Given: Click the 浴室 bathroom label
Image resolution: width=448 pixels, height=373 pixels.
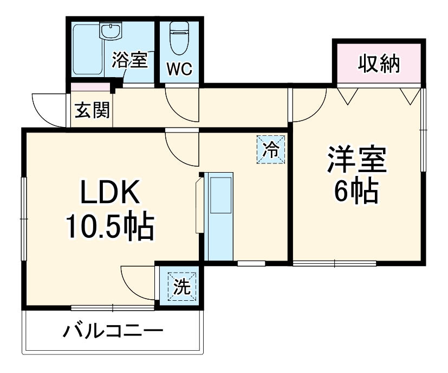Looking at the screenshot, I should coord(129,60).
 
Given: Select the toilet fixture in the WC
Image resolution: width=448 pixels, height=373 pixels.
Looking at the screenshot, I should coord(178,37).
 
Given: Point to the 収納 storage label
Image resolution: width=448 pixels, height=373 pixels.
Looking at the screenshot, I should coord(379,64).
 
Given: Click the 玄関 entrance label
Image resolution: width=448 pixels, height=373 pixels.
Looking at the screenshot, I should coord(92,110).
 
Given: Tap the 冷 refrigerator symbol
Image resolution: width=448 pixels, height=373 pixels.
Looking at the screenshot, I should coord(270,149).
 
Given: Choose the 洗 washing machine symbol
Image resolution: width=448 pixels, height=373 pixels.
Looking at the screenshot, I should coord(181,286).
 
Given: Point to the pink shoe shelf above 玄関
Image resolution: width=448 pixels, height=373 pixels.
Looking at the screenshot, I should coord(90,87).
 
